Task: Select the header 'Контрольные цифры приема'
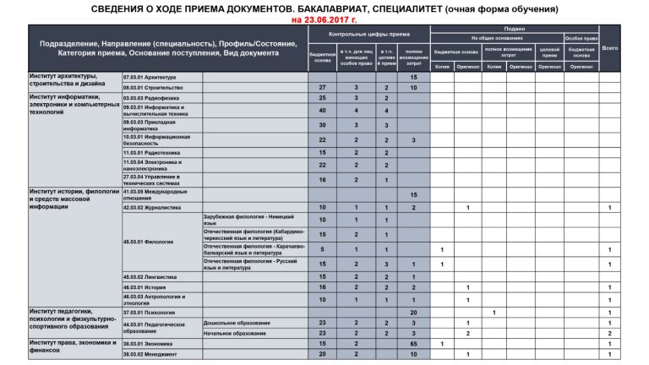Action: [368, 35]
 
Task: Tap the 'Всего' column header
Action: [610, 48]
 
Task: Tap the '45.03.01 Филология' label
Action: [148, 242]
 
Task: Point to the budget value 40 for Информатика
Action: [322, 111]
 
